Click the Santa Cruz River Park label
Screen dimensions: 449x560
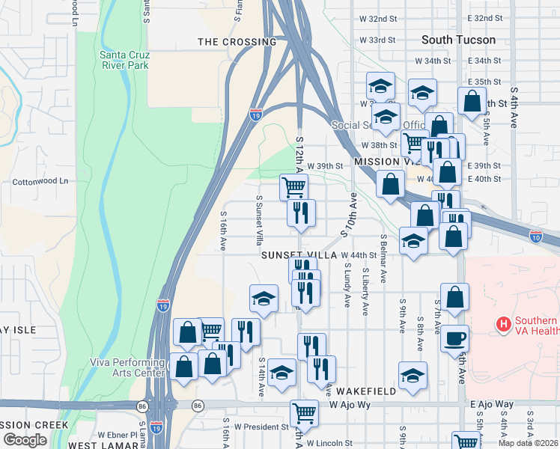[124, 59]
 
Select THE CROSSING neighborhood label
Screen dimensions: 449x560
[237, 42]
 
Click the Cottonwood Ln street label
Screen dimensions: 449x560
[40, 181]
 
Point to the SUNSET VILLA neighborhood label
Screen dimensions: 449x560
[299, 255]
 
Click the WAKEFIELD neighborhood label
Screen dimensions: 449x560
[365, 391]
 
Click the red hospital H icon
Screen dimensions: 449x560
[504, 325]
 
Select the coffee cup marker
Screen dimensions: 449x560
[454, 338]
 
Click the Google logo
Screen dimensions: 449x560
[25, 440]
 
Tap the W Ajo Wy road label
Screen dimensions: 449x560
[350, 405]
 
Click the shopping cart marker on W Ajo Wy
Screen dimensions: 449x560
[305, 413]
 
